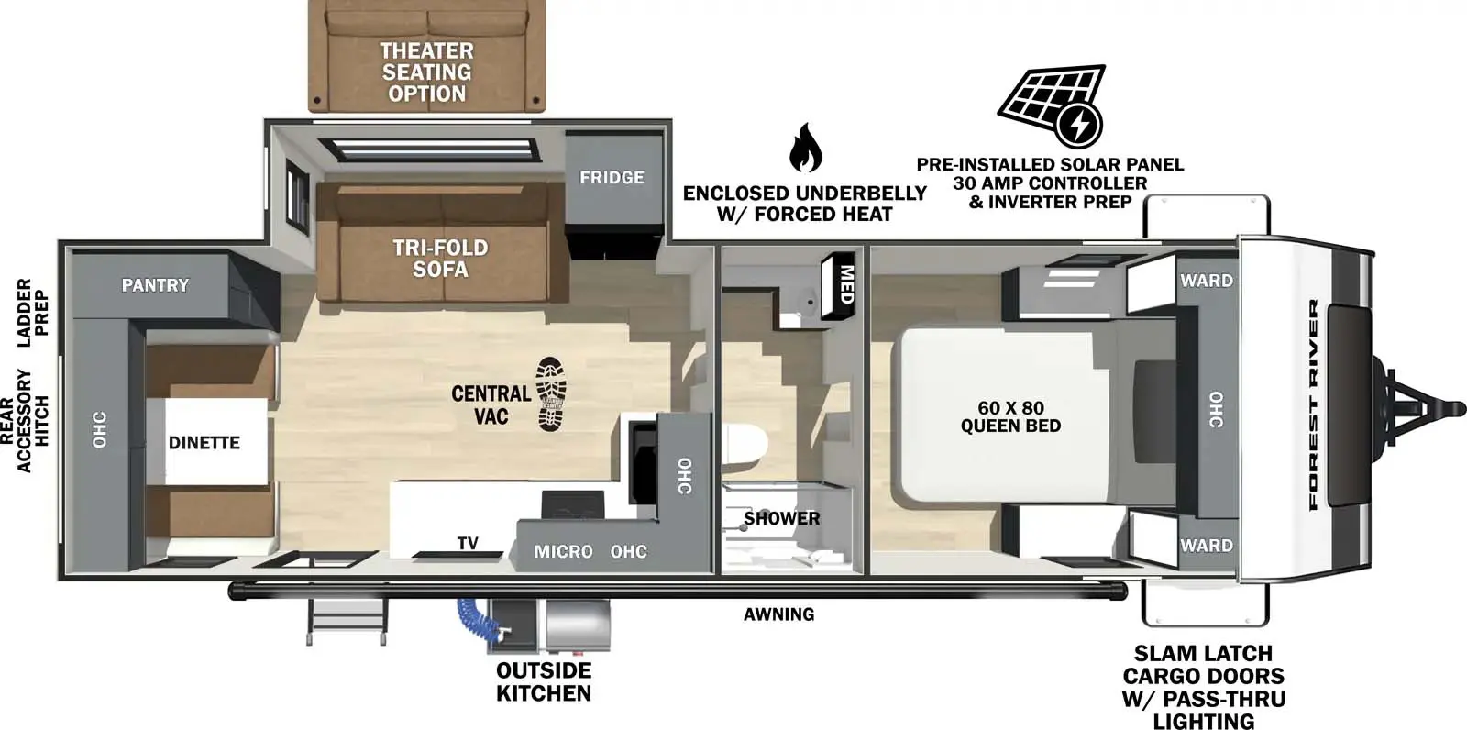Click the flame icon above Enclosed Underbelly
(805, 148)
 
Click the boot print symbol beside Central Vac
(551, 394)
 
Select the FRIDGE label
(612, 177)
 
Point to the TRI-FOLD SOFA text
(440, 259)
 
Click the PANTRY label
(155, 285)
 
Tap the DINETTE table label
(204, 443)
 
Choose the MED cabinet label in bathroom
(846, 285)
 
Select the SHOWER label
(781, 518)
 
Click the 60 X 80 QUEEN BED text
(1010, 416)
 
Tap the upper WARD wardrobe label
(1206, 281)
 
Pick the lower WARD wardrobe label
(1206, 546)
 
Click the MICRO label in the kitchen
(563, 552)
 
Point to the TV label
(468, 544)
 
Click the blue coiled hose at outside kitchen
(472, 615)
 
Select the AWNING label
(778, 614)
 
